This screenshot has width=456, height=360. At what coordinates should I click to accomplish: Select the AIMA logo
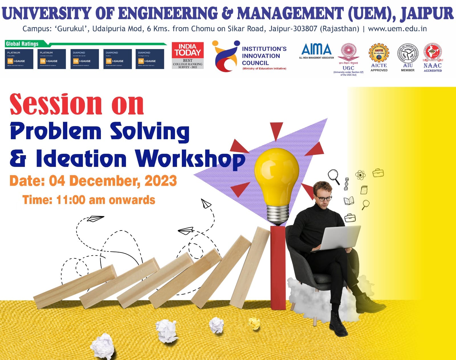click(316, 50)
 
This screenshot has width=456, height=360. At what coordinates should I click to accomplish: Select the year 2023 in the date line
click(161, 181)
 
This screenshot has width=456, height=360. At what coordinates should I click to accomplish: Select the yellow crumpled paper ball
click(254, 323)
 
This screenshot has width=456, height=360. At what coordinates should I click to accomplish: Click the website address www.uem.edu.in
click(397, 29)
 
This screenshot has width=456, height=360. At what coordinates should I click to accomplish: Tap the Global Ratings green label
click(22, 44)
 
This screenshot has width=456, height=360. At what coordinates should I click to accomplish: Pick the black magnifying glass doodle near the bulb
click(333, 176)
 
